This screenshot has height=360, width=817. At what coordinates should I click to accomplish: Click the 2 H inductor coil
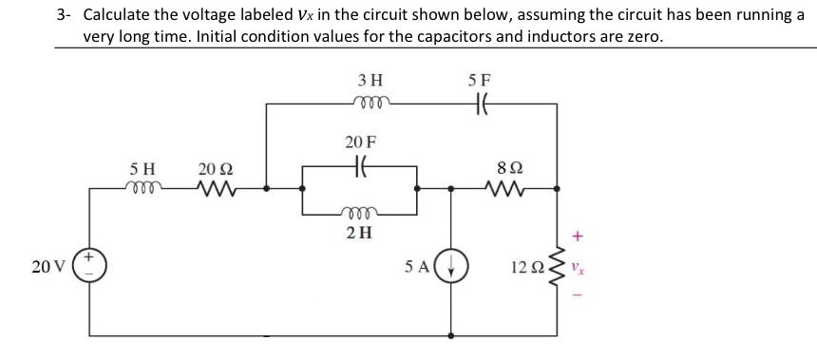point(361,213)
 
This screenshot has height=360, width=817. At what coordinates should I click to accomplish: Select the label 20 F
point(360,142)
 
